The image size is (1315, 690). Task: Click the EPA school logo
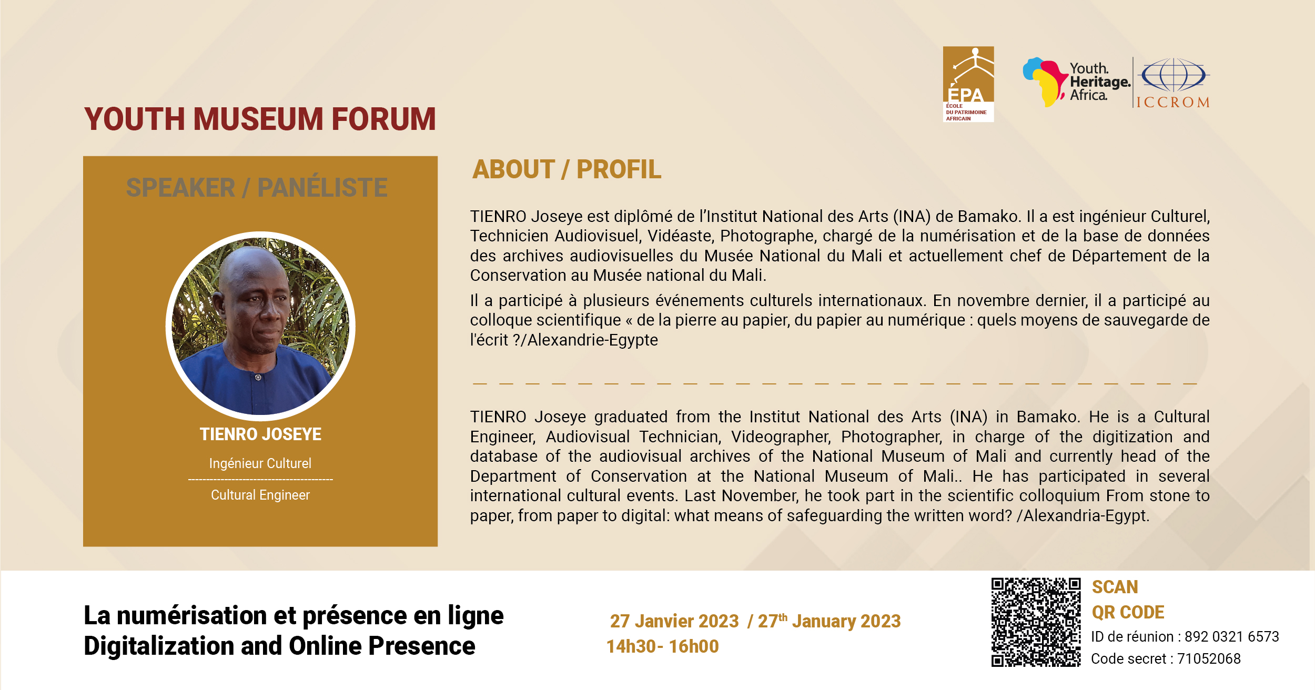pyautogui.click(x=968, y=84)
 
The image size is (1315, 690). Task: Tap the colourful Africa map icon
pyautogui.click(x=1045, y=82)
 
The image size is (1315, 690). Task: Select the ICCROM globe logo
pyautogui.click(x=1173, y=83)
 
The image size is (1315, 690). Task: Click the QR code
pyautogui.click(x=1036, y=622)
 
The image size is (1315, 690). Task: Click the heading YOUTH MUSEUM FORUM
pyautogui.click(x=260, y=119)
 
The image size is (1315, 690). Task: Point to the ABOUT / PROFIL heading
pyautogui.click(x=567, y=169)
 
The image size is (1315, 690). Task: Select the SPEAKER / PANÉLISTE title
pyautogui.click(x=257, y=187)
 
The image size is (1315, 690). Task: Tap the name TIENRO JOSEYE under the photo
pyautogui.click(x=260, y=434)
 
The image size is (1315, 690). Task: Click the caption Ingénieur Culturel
pyautogui.click(x=260, y=463)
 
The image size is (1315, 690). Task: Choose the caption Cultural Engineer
pyautogui.click(x=260, y=495)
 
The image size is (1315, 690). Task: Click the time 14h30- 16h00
pyautogui.click(x=663, y=646)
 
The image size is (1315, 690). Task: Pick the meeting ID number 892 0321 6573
pyautogui.click(x=1231, y=637)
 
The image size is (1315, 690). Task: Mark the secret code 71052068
pyautogui.click(x=1209, y=658)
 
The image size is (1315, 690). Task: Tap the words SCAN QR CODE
pyautogui.click(x=1128, y=600)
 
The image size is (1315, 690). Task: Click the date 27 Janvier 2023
pyautogui.click(x=674, y=621)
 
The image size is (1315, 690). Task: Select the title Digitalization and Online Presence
pyautogui.click(x=279, y=646)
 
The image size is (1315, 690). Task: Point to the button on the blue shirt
pyautogui.click(x=258, y=378)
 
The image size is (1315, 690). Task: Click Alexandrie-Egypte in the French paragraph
pyautogui.click(x=592, y=340)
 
